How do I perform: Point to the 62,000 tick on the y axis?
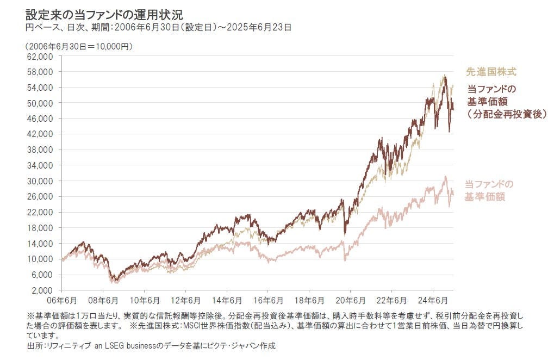tap(40, 56)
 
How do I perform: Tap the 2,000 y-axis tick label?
tap(42, 290)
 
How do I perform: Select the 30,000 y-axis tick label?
tap(40, 181)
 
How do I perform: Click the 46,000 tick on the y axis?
tap(40, 119)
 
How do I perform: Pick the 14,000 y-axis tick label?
tap(40, 243)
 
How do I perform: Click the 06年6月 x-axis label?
tap(62, 300)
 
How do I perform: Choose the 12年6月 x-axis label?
tap(185, 300)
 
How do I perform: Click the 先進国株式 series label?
tap(490, 71)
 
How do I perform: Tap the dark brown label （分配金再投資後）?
tap(506, 114)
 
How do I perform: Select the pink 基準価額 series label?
tap(485, 196)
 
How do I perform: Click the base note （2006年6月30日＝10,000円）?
tap(79, 46)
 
